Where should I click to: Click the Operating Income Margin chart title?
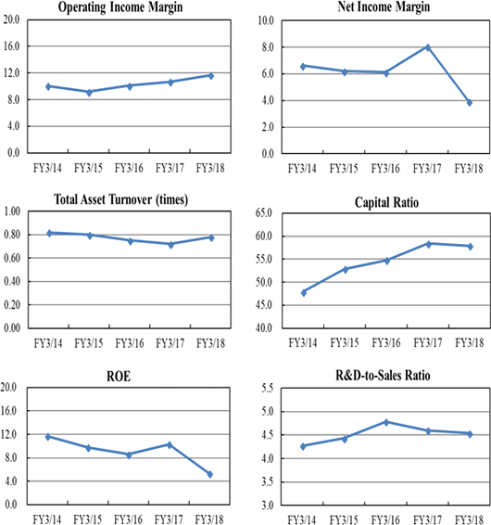coord(120,7)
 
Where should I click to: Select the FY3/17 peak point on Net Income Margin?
coord(428,47)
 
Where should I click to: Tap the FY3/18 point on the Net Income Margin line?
coord(470,102)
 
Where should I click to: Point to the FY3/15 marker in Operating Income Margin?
coord(89,93)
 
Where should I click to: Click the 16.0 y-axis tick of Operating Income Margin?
coord(11,46)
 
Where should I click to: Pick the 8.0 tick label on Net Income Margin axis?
coord(268,47)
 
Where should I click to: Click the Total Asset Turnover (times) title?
coord(120,199)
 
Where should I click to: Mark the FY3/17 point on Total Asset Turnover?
coord(170,245)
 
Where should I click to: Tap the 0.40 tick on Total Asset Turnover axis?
coord(12,281)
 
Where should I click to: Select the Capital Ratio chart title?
coord(386,202)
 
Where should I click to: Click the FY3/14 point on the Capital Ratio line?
coord(304,292)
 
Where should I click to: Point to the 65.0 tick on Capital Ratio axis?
coord(264,212)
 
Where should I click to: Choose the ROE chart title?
coord(119,377)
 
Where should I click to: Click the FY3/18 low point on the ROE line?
coord(210,474)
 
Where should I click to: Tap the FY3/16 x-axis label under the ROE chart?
coord(128,519)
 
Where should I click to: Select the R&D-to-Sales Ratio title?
coord(383,376)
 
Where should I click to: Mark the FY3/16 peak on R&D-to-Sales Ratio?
coord(386,422)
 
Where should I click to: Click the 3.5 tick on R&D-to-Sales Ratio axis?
coord(267,481)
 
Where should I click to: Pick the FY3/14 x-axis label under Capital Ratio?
coord(303,343)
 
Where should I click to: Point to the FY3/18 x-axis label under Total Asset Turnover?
coord(210,343)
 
